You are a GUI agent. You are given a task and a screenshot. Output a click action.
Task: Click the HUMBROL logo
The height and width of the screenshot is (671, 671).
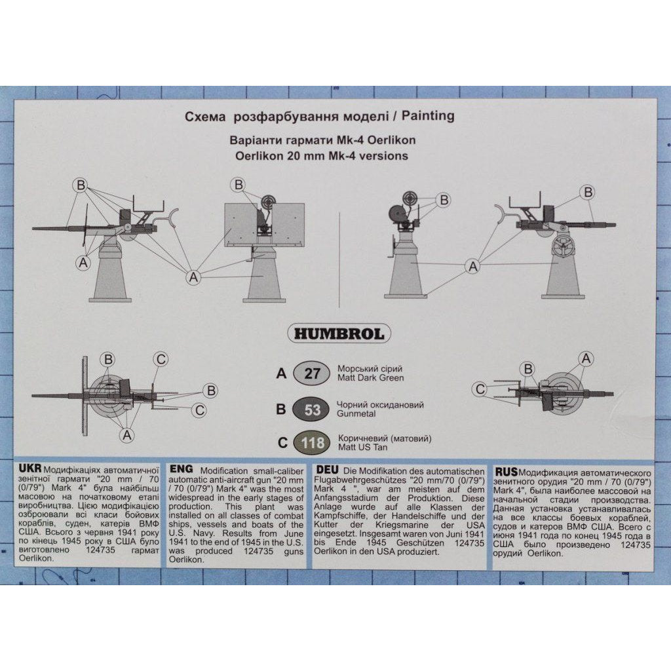pos(339,334)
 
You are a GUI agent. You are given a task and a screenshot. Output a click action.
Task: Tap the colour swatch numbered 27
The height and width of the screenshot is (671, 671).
pos(311,374)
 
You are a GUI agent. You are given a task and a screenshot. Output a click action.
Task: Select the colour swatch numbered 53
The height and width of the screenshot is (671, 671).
pos(311,410)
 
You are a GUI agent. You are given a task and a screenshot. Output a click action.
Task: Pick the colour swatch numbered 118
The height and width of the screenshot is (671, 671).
pos(312,442)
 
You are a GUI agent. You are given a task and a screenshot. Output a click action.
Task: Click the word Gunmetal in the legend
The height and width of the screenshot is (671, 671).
pos(356,414)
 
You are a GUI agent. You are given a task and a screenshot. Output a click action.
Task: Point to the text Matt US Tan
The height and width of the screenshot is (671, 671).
pos(362,447)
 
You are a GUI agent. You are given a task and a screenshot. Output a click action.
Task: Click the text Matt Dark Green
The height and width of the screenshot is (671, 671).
pos(370,378)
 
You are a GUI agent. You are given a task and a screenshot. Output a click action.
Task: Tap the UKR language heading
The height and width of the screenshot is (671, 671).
pos(30,469)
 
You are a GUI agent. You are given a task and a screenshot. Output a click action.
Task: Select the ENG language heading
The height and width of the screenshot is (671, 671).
pos(182,469)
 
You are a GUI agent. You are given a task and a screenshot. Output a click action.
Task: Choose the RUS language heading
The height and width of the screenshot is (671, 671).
pos(507,472)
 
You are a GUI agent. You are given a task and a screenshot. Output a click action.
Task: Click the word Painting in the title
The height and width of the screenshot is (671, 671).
pos(427,117)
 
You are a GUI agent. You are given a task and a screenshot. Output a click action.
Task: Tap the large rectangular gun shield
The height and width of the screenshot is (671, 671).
pos(265,225)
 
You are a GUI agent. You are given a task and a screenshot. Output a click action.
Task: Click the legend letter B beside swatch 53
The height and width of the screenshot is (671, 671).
pos(280,409)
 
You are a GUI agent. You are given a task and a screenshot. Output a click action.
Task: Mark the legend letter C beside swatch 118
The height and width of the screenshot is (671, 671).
pos(282,442)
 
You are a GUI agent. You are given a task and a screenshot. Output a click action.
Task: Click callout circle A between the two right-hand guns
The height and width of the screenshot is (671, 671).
pos(472,267)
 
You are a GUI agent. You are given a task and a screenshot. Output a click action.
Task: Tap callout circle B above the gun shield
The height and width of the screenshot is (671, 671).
pos(239,185)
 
